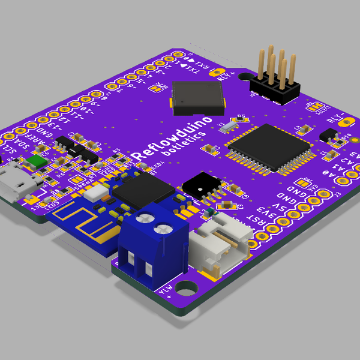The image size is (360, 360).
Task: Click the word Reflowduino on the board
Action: pos(172,138)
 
